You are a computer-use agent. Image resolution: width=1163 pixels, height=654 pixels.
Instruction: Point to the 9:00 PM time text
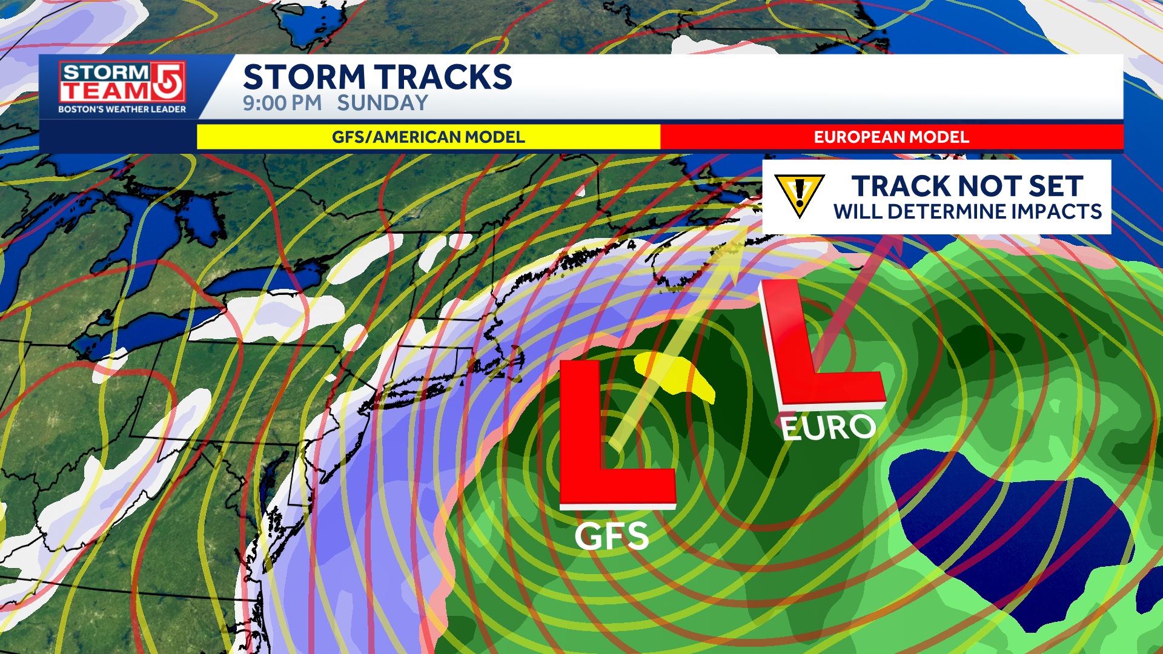pyautogui.click(x=282, y=103)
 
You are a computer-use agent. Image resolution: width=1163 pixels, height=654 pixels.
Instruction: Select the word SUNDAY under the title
pyautogui.click(x=382, y=103)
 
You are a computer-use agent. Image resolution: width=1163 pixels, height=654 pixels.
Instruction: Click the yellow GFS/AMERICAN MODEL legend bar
pyautogui.click(x=428, y=137)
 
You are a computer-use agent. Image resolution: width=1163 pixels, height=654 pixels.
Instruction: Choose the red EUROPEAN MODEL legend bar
pyautogui.click(x=892, y=137)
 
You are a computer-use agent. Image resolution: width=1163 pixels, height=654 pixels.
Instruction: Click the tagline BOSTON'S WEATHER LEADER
pyautogui.click(x=122, y=110)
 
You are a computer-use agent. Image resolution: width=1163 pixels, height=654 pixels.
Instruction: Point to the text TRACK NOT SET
pyautogui.click(x=967, y=186)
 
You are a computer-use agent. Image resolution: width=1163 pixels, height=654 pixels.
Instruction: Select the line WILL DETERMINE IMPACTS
pyautogui.click(x=967, y=212)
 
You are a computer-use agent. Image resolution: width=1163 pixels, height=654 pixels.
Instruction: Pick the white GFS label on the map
pyautogui.click(x=611, y=537)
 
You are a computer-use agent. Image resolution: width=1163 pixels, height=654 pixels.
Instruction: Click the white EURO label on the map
pyautogui.click(x=828, y=428)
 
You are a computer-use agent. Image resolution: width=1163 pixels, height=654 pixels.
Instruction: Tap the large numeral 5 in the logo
pyautogui.click(x=168, y=81)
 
